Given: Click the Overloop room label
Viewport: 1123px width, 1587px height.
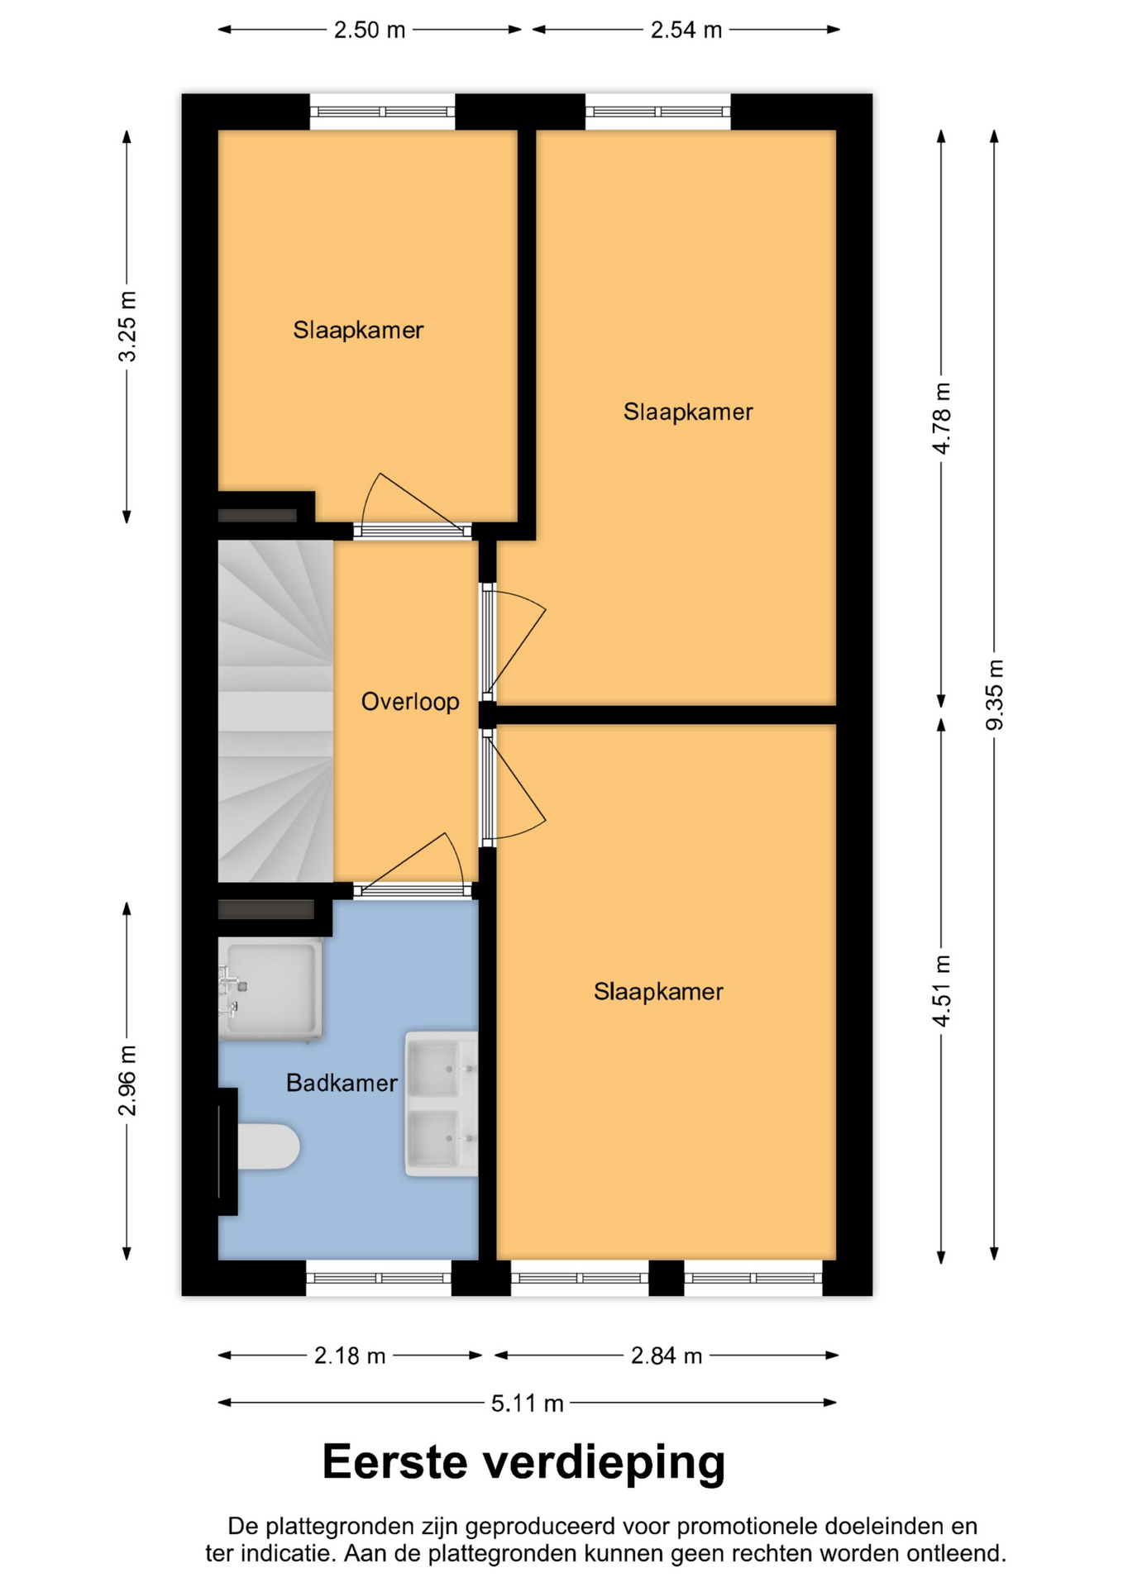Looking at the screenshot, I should (x=410, y=702).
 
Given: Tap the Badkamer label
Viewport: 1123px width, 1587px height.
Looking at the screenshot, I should (x=342, y=1083).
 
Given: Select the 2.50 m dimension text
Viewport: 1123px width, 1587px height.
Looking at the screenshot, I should (x=370, y=31).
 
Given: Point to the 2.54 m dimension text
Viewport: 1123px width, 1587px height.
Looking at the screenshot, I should (x=686, y=31).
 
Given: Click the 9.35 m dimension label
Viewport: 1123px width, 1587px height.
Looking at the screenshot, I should (x=995, y=694).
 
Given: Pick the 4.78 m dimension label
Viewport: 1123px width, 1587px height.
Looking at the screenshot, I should (x=942, y=418).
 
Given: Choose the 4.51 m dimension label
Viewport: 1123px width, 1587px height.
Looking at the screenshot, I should (x=942, y=990).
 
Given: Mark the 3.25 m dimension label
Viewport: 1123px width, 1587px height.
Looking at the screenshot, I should (x=127, y=326).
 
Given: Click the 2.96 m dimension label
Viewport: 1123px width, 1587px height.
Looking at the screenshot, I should (x=127, y=1080).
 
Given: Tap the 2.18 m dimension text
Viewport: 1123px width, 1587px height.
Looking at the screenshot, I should (x=350, y=1356).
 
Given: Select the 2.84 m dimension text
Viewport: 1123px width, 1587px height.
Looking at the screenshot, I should (x=667, y=1356).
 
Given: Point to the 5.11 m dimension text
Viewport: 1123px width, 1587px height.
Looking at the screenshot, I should (x=528, y=1403).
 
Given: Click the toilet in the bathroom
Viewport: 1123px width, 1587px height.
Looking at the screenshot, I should (x=267, y=1146).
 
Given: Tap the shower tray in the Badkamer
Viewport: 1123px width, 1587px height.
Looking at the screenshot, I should (x=270, y=989).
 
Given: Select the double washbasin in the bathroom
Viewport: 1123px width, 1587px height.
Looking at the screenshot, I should (x=441, y=1103).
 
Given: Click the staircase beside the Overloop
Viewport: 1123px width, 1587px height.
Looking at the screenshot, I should (x=275, y=711).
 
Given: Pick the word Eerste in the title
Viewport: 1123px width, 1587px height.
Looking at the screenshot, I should (x=394, y=1462).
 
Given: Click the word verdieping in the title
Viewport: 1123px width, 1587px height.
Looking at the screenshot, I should (x=604, y=1462).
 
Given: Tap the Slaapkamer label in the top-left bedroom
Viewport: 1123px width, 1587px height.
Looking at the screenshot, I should (x=358, y=331).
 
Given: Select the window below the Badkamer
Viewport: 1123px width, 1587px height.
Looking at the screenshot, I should (x=378, y=1278).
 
